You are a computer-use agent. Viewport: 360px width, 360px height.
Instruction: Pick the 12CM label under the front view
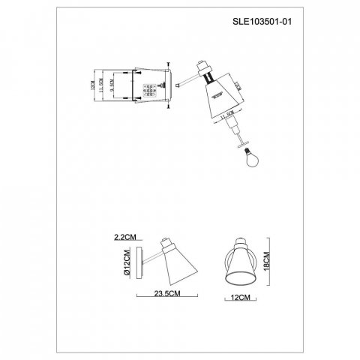click(x=241, y=296)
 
